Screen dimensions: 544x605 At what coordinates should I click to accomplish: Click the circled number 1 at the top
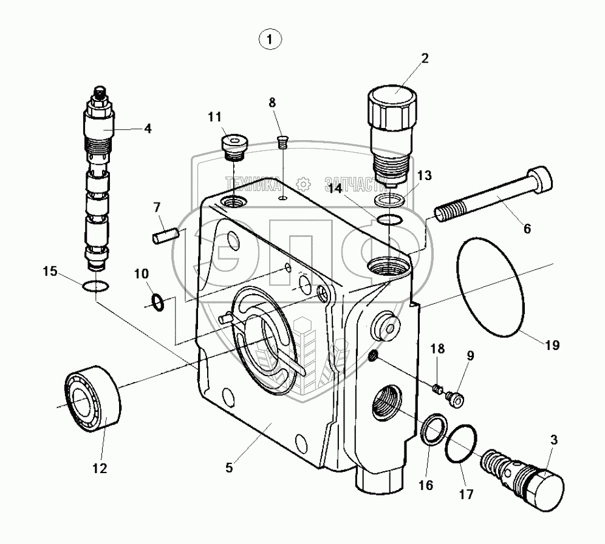pos(270,40)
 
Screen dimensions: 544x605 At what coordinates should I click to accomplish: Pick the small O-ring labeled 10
pos(157,301)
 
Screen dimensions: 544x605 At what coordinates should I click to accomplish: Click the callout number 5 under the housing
pos(228,468)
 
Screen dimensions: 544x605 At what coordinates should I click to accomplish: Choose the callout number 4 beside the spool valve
pos(147,128)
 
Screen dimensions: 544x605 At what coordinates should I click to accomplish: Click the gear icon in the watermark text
pos(302,182)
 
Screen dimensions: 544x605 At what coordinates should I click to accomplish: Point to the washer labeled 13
pos(391,200)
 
